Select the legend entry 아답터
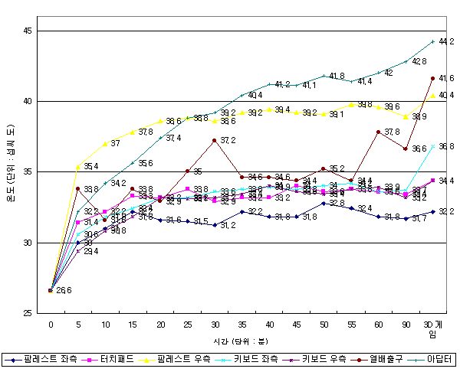[x=439, y=359]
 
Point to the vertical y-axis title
[x=9, y=171]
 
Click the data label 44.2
[x=445, y=41]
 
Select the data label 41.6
[x=445, y=78]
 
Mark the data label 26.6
[x=64, y=291]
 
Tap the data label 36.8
[x=445, y=146]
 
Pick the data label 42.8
[x=419, y=60]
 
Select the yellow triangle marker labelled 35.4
[x=78, y=165]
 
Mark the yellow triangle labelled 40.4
[x=433, y=95]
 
